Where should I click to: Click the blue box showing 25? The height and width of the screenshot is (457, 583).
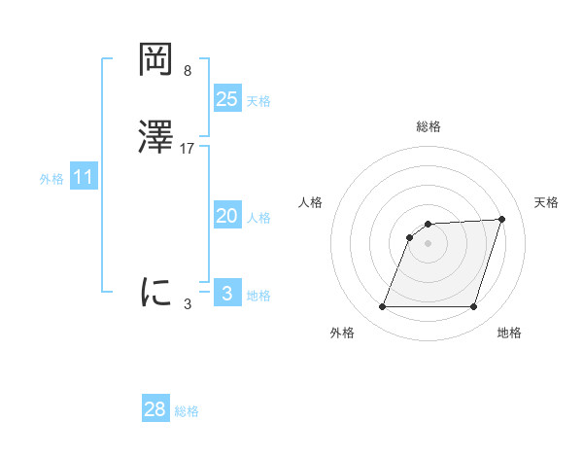coord(227,98)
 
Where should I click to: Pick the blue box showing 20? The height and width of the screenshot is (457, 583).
coord(227,216)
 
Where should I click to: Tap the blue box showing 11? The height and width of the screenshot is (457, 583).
coord(84,178)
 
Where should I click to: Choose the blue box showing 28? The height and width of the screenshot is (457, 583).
coord(155,409)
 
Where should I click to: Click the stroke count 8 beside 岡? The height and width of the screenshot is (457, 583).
coord(187,71)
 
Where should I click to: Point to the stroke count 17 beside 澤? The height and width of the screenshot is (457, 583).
coord(188,149)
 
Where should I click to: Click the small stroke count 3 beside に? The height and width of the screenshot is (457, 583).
coord(188,303)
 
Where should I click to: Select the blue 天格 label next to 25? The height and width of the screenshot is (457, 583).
coord(258,101)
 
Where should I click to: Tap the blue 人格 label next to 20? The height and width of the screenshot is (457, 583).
coord(258,218)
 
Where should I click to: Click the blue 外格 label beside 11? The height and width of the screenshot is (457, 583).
coord(51,179)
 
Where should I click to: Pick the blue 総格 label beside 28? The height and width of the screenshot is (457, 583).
coord(187,411)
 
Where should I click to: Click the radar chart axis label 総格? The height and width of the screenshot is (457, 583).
coord(429,126)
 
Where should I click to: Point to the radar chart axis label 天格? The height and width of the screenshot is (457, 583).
coord(547,202)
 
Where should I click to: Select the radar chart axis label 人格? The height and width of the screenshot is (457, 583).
coord(311,202)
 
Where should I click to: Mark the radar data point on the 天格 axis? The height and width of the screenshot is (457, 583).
coord(501,219)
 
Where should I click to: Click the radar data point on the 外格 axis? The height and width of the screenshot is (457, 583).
coord(383,307)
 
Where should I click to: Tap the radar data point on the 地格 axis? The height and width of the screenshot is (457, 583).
coord(474,307)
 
